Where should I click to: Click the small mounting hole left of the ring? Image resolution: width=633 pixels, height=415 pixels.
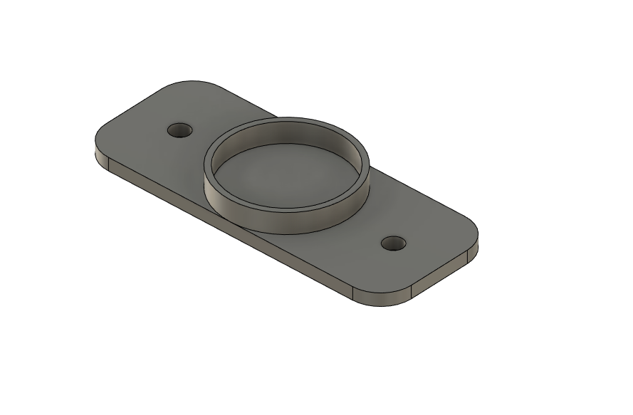pyautogui.click(x=179, y=131)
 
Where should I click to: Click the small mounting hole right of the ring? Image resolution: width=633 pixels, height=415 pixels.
pyautogui.click(x=393, y=244)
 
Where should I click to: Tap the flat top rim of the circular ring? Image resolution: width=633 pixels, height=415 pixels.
pyautogui.click(x=286, y=122)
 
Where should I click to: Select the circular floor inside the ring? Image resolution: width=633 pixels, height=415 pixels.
pyautogui.click(x=285, y=178)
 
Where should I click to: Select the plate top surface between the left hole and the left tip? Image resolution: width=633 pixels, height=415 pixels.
pyautogui.click(x=135, y=139)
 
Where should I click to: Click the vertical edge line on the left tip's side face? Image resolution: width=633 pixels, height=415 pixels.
pyautogui.click(x=108, y=166)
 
